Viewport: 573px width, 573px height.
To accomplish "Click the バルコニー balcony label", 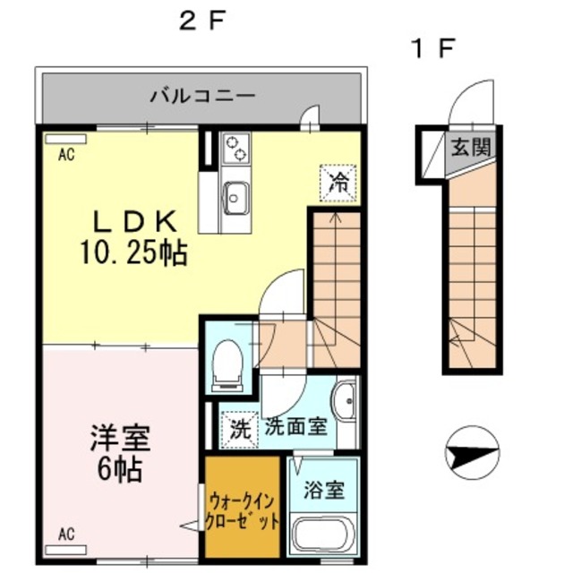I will (x=203, y=94).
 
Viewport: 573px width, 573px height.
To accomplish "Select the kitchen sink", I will (x=236, y=196).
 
